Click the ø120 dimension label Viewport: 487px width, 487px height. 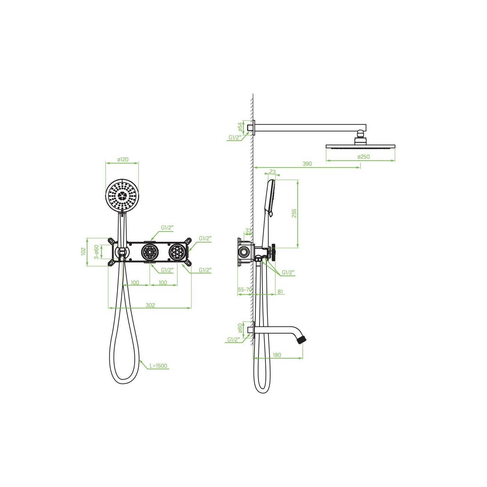[123, 159]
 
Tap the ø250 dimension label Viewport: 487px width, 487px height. [364, 157]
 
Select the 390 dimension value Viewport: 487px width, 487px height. [307, 163]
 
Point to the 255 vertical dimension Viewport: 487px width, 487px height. [294, 213]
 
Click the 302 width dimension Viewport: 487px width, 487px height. [150, 305]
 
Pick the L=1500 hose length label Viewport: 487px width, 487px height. [159, 366]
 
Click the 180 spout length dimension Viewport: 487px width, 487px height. [277, 355]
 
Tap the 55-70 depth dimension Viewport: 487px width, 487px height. [245, 289]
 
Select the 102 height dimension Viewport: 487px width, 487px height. [83, 251]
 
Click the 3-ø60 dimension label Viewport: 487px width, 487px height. [96, 252]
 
